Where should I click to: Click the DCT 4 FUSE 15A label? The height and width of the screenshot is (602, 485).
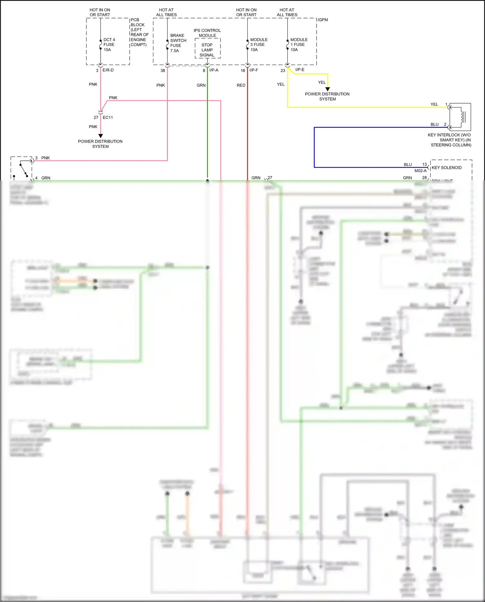(109, 45)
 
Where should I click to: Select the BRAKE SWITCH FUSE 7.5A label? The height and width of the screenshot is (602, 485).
(178, 43)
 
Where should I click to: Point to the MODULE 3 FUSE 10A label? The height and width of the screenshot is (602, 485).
(259, 45)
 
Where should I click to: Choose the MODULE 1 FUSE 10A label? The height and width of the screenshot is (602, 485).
(299, 45)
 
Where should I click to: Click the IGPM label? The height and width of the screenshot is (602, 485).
(323, 20)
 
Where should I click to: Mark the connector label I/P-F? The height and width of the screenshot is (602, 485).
(254, 70)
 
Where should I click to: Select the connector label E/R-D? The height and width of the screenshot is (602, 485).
(108, 70)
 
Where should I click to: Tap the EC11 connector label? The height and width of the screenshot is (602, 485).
(108, 117)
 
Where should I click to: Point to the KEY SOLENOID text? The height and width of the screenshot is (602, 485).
(447, 168)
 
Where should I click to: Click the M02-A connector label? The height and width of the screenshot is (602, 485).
(420, 171)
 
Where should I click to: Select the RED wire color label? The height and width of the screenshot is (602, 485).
(241, 85)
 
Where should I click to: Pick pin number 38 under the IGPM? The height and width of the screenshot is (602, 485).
(163, 71)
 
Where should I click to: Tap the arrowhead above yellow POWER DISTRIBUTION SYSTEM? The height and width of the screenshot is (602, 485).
(328, 89)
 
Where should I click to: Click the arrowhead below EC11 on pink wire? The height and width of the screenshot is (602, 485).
(101, 136)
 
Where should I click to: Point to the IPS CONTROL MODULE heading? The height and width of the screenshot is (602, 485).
(207, 33)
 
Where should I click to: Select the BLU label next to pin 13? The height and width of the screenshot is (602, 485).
(408, 165)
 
